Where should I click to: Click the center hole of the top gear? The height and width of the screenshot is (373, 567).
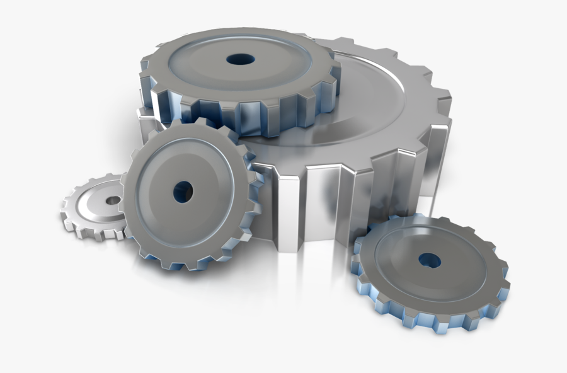click(x=241, y=59)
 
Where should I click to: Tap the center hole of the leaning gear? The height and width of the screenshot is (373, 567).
click(x=183, y=192)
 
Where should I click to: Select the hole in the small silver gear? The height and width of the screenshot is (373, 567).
click(x=113, y=200)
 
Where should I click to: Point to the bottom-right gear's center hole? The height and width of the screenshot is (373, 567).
click(x=429, y=259)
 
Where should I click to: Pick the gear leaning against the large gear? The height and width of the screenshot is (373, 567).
click(x=189, y=195)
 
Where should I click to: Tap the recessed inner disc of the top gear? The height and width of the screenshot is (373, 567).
click(x=208, y=63)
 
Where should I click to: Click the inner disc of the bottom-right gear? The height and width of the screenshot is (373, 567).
click(x=403, y=258)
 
